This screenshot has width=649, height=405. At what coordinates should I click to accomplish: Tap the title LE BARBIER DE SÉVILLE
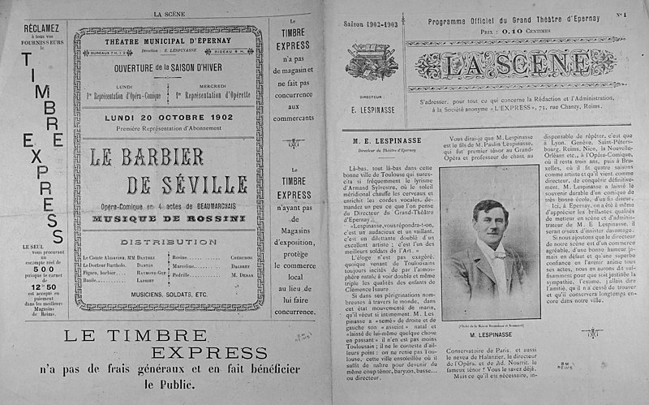[x=173, y=167]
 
